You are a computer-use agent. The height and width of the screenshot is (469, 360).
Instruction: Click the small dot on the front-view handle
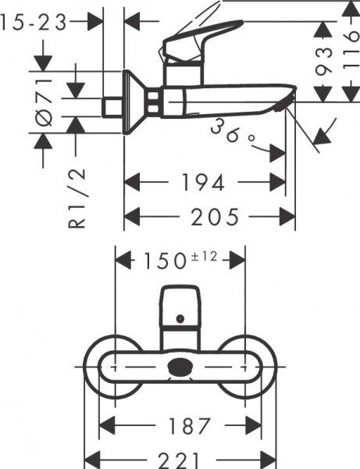[181, 319]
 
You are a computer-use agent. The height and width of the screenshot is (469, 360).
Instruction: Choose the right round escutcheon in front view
[255, 366]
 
